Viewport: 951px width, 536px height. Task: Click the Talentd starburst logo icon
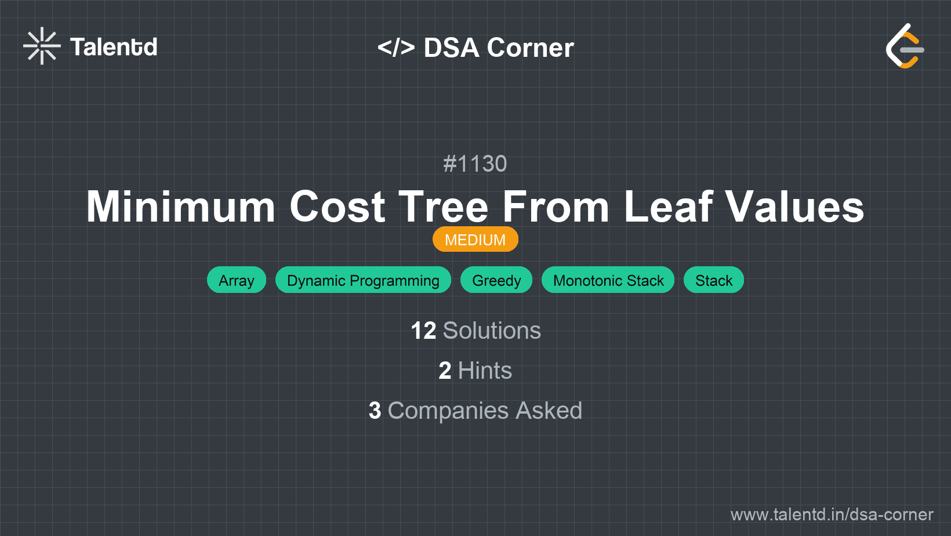pos(42,46)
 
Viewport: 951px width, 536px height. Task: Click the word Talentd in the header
pos(114,47)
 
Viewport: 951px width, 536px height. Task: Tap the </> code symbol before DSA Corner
pos(396,48)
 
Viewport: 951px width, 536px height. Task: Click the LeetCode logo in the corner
pos(905,46)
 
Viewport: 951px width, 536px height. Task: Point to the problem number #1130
pos(475,164)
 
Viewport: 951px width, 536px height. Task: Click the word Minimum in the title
pos(180,207)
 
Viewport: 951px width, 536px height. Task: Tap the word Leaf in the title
pos(668,207)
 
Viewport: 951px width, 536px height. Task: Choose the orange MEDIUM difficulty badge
pos(475,240)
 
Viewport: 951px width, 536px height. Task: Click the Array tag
pos(237,280)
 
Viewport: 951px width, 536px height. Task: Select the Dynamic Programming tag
pos(363,280)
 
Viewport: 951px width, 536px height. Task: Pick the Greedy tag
pos(496,280)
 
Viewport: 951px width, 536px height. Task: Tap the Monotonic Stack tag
pos(608,280)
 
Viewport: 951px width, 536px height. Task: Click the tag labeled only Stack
pos(714,280)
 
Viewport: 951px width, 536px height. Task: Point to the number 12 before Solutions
pos(423,331)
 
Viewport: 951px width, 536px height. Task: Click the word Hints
pos(485,371)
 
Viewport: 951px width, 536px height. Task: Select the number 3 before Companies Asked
pos(375,411)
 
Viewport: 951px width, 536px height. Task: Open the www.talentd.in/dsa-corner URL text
pos(832,515)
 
